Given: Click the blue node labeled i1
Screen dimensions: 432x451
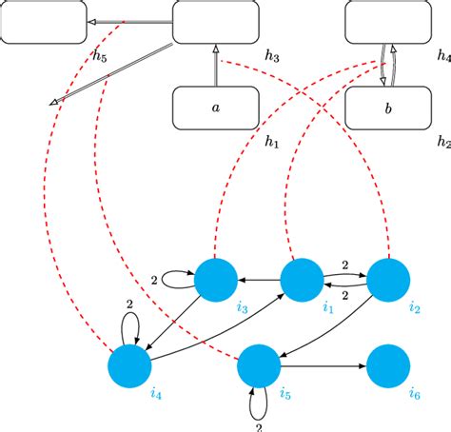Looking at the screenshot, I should [x=303, y=280].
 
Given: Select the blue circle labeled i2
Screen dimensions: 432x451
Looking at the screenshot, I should [x=388, y=280].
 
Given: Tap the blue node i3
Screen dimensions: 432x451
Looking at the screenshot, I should [x=216, y=280].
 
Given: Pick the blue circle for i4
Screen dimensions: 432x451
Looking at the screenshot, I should [x=130, y=366].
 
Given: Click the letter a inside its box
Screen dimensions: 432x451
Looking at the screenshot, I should [x=215, y=108].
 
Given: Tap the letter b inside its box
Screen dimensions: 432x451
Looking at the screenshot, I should [x=387, y=108].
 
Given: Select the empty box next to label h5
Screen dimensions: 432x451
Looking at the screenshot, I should [x=43, y=22].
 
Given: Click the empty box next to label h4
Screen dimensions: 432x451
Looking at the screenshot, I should [x=387, y=22].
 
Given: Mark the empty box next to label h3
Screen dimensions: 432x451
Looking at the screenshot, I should [x=215, y=22].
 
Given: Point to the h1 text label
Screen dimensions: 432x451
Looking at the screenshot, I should [x=271, y=142].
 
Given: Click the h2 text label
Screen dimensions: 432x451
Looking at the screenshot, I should [x=442, y=142].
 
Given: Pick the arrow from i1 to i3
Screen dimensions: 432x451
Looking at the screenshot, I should [x=259, y=280].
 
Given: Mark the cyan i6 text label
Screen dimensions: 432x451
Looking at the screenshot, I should [x=413, y=394].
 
